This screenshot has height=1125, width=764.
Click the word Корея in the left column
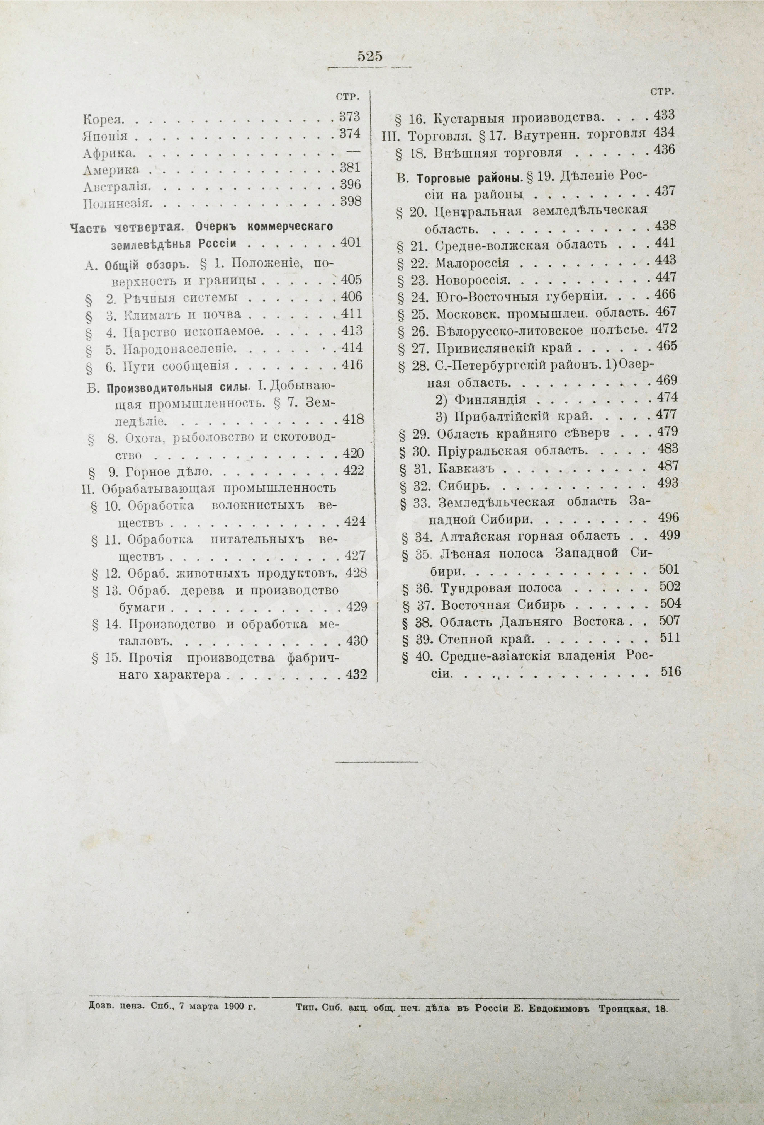pos(104,118)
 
